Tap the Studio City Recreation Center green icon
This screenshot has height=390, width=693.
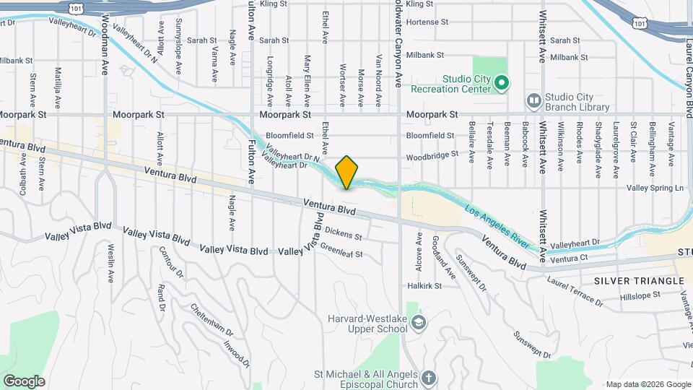503,84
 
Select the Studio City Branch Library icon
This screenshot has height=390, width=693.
534,101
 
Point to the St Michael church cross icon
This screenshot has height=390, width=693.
429,378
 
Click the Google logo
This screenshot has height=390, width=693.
24,381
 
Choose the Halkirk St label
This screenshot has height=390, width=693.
425,286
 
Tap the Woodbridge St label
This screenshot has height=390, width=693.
432,155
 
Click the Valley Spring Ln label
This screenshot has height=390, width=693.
654,188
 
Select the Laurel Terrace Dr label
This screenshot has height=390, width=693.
575,288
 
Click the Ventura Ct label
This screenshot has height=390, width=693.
570,259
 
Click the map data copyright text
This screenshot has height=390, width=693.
648,384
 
